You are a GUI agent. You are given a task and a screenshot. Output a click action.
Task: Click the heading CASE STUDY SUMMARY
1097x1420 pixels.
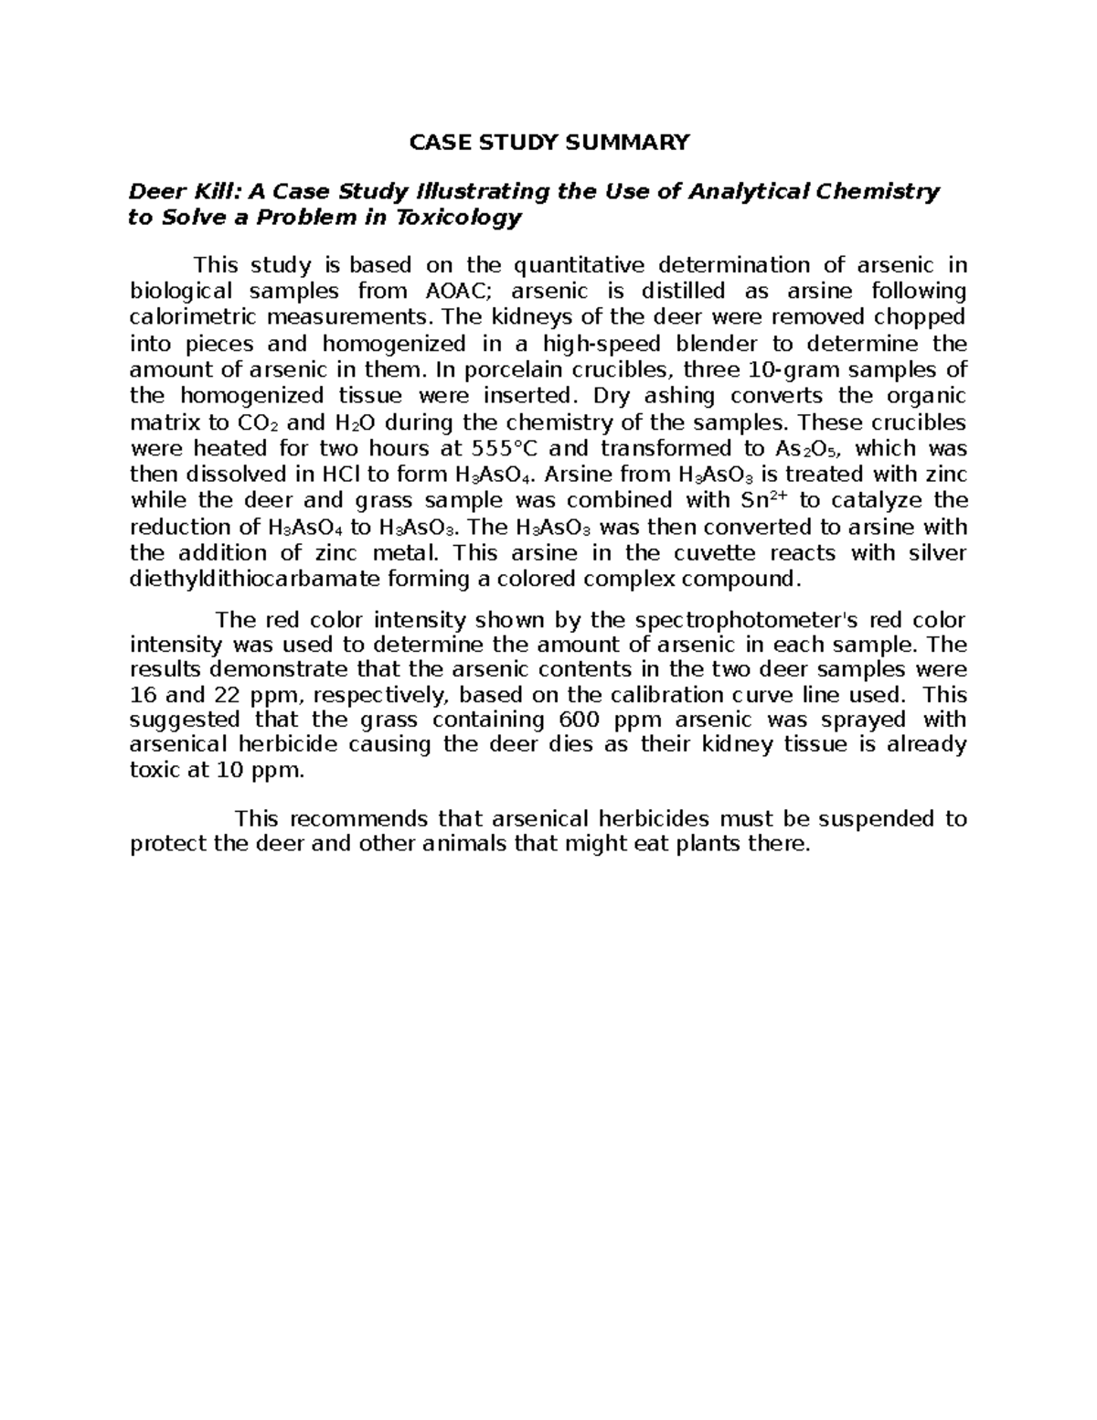548,142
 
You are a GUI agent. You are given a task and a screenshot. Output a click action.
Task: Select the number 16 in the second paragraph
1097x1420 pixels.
144,693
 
